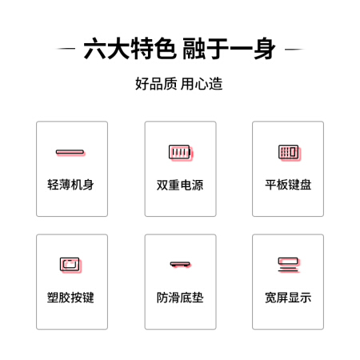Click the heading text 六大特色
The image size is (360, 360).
(x=130, y=49)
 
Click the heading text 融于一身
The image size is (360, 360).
(x=229, y=49)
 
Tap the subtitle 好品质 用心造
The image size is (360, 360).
(x=179, y=84)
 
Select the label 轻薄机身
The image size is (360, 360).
(x=70, y=185)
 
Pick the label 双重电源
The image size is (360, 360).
(x=180, y=185)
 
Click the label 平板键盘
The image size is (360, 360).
(x=288, y=185)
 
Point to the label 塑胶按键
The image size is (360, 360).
(x=70, y=298)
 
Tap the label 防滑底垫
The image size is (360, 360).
(x=180, y=298)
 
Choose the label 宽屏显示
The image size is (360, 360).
(x=288, y=298)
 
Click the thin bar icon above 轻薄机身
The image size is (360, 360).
(x=70, y=153)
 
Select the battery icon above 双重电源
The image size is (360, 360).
(x=181, y=153)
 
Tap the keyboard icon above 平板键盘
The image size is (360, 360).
(x=290, y=153)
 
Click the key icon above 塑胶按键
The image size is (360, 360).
(x=70, y=265)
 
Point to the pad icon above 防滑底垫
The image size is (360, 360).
(x=181, y=264)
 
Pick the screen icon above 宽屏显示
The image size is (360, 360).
(x=289, y=265)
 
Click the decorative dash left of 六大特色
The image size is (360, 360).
(x=66, y=49)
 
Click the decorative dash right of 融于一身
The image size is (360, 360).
(x=294, y=49)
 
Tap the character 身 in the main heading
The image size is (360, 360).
(x=265, y=49)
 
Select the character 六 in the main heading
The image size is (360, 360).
(x=95, y=49)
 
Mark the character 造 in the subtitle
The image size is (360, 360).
(x=215, y=84)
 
